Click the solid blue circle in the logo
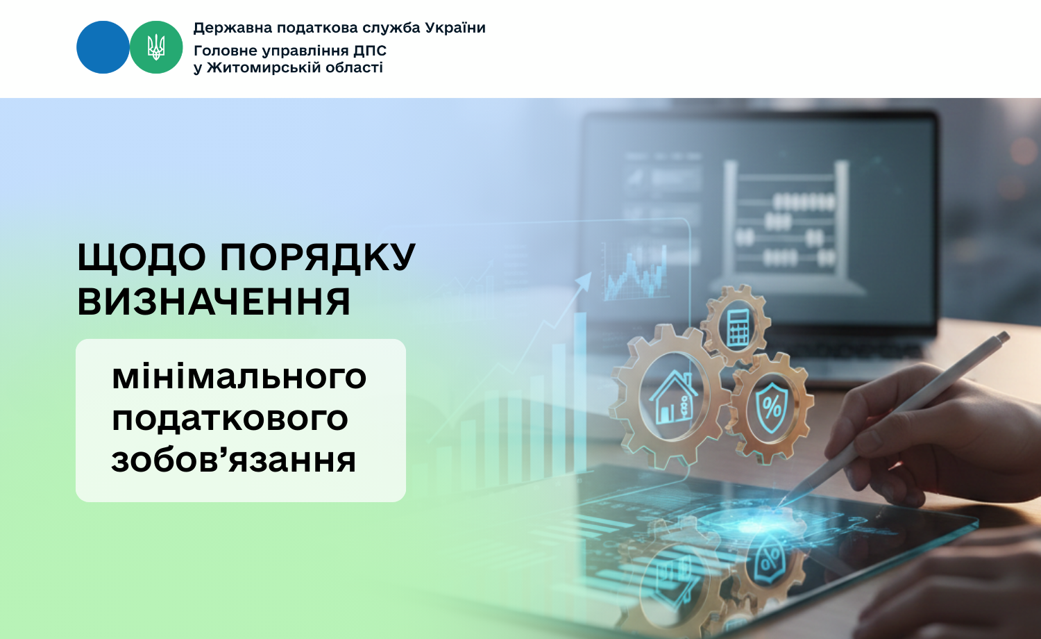tap(103, 47)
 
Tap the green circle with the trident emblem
tap(156, 47)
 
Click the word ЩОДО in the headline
tap(142, 257)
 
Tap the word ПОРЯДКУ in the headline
tap(317, 256)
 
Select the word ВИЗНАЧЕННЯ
tap(213, 301)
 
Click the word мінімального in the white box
tap(239, 376)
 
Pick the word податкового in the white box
tap(230, 419)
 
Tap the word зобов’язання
tap(233, 460)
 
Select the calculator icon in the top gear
tap(738, 327)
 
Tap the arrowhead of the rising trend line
tap(584, 281)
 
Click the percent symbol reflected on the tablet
tap(770, 560)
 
